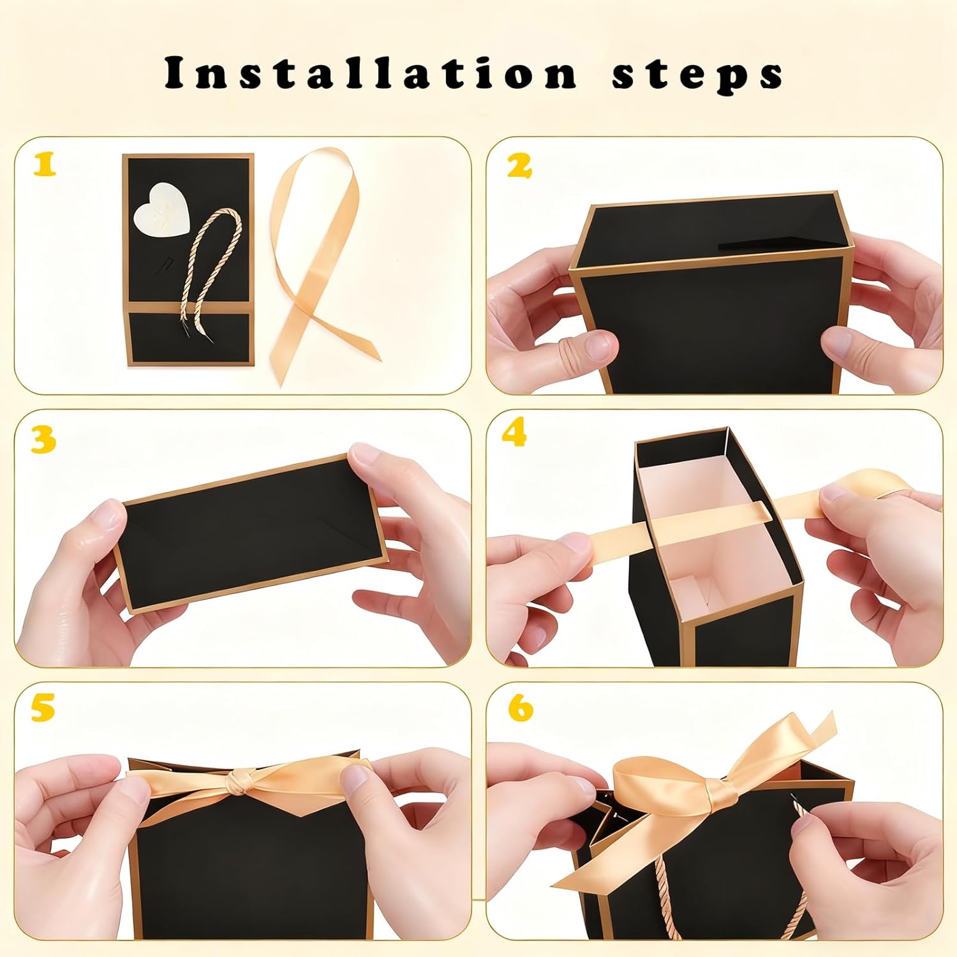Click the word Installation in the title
371,73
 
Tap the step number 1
45,165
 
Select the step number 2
519,166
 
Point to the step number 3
43,441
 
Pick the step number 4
514,434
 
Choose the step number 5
43,709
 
